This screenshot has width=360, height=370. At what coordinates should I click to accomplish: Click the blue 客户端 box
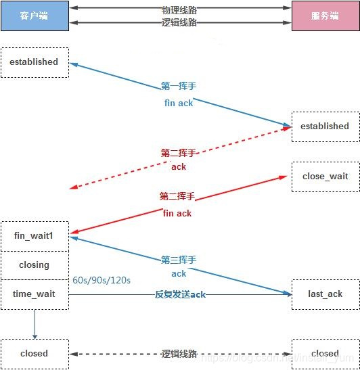(x=35, y=16)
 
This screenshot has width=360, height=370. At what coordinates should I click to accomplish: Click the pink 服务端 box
(x=325, y=16)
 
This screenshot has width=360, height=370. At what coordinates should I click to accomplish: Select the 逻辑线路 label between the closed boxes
(x=179, y=353)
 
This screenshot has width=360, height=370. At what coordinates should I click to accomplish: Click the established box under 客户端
(x=35, y=62)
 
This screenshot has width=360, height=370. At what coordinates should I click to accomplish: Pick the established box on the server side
(x=325, y=126)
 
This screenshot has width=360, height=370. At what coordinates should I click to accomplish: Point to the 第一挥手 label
(x=179, y=87)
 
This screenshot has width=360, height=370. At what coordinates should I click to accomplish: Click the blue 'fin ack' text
(x=179, y=103)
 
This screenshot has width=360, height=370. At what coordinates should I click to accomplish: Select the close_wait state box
(x=325, y=177)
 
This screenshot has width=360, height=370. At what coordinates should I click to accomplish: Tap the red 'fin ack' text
(x=177, y=213)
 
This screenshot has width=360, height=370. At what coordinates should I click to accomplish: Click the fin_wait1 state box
(x=35, y=236)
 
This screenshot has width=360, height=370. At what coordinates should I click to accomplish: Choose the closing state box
(x=35, y=265)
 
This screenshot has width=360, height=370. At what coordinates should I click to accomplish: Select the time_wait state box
(x=35, y=294)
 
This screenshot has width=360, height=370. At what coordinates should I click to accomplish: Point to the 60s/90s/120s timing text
(x=102, y=279)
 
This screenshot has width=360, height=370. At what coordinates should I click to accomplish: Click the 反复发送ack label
(x=180, y=294)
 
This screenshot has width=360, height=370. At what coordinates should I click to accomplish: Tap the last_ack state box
(x=325, y=294)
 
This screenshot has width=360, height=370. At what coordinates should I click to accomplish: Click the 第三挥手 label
(x=179, y=260)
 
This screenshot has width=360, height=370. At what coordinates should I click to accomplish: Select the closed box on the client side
(x=35, y=353)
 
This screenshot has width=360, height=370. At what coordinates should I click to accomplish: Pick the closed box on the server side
(x=325, y=353)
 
